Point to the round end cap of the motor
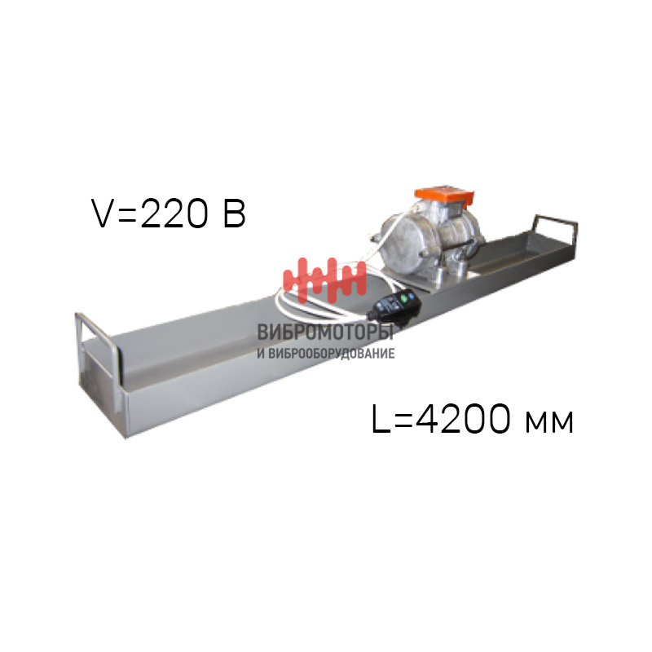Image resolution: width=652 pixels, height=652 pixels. coord(403,246)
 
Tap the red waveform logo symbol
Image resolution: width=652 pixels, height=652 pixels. coord(324,280)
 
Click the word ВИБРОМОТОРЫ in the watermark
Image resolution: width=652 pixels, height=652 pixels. coord(325,333)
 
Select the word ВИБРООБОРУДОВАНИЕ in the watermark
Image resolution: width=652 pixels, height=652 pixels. coord(332,354)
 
